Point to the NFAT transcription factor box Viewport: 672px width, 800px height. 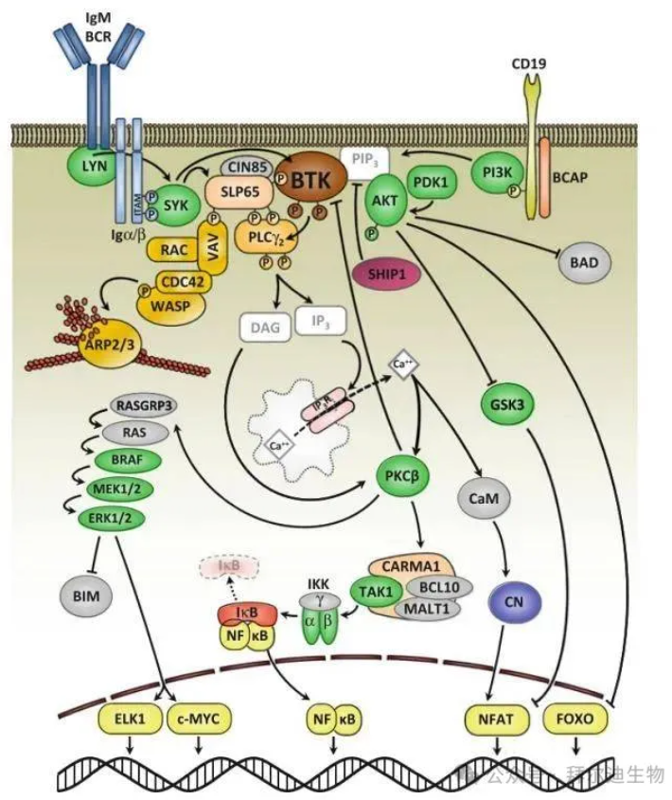tap(497, 719)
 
